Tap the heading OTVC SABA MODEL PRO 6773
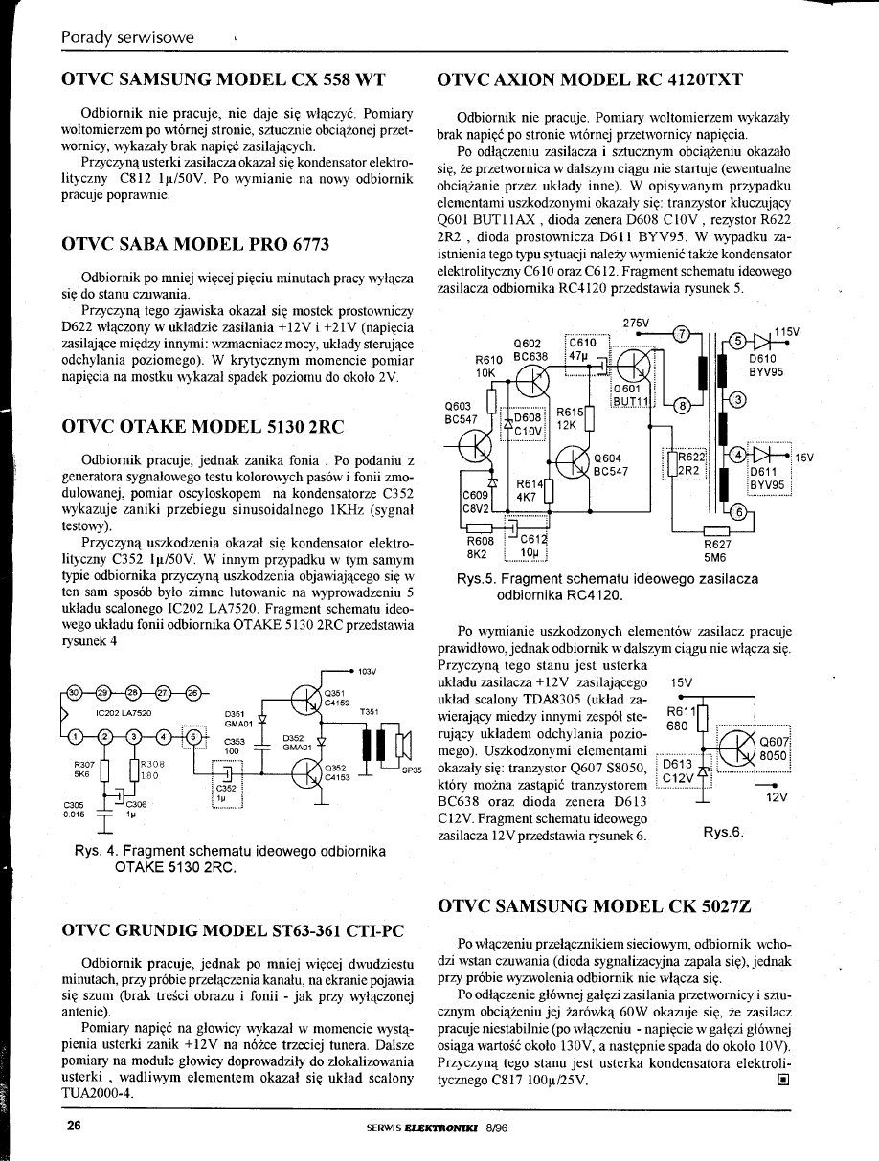click(x=195, y=244)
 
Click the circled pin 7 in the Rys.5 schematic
click(x=680, y=334)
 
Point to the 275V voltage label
click(x=636, y=323)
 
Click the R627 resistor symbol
click(x=717, y=530)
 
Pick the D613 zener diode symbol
click(x=704, y=772)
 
